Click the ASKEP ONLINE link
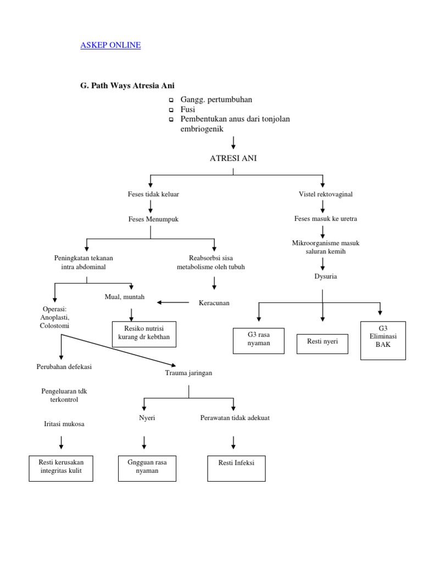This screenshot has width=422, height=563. pos(110,45)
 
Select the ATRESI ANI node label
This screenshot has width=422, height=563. pos(234,158)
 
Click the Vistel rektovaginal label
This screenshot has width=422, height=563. pos(325,195)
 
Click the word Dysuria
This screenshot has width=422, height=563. pos(326,276)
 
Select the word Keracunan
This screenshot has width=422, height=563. pos(214,302)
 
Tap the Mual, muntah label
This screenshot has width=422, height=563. pos(125,297)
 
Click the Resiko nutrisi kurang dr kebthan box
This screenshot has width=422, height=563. pos(144,334)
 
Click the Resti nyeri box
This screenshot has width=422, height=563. pos(323,341)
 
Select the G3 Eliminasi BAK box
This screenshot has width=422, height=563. pos(383,340)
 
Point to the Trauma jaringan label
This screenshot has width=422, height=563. pos(188,373)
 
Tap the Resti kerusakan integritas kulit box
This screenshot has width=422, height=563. pos(60,467)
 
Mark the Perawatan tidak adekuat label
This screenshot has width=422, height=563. pos(235,418)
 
